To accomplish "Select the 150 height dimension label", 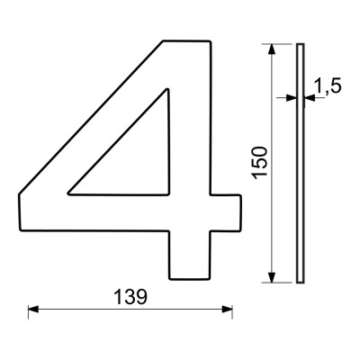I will [260, 163].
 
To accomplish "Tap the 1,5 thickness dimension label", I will [328, 86].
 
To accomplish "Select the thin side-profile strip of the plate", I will [300, 162].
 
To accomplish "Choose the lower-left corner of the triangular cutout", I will [71, 193].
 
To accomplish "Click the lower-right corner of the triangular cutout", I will [168, 193].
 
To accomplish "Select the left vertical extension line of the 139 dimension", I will [28, 306].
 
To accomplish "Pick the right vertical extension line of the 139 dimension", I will [233, 306].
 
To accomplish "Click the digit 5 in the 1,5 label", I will [337, 86].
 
